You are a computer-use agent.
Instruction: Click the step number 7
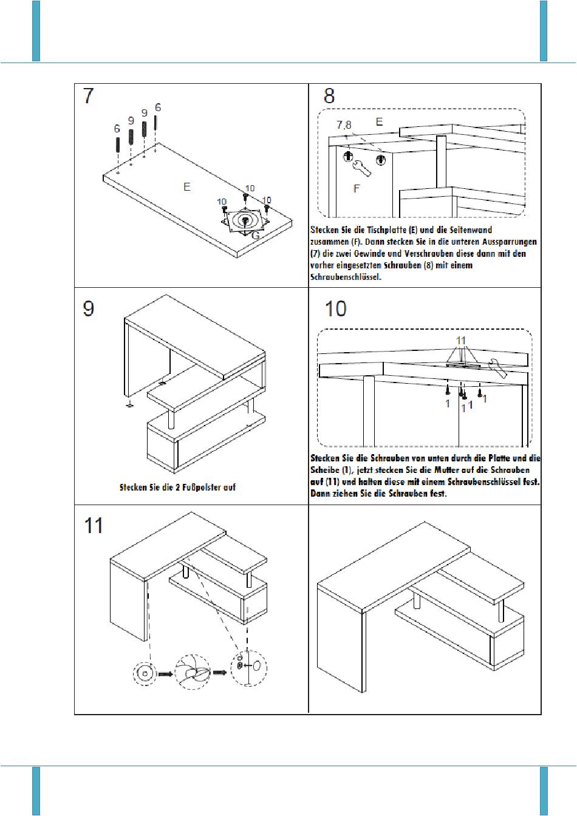point(89,96)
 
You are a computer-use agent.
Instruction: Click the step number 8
point(329,96)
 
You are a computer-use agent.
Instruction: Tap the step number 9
point(89,309)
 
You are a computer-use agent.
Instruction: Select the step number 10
point(335,308)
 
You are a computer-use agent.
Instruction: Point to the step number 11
point(94,525)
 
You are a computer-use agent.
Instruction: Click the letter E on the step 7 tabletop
point(187,187)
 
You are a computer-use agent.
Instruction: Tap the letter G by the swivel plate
point(256,236)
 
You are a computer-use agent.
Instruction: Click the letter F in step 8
point(357,189)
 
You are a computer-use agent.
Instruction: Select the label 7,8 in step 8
point(344,125)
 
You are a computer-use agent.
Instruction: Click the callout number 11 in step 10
point(462,339)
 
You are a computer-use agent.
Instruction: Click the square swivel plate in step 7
point(244,220)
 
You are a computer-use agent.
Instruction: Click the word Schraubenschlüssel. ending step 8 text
point(346,276)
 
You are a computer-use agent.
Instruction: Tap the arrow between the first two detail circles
point(165,673)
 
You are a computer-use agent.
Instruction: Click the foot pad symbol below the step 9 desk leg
point(129,404)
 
